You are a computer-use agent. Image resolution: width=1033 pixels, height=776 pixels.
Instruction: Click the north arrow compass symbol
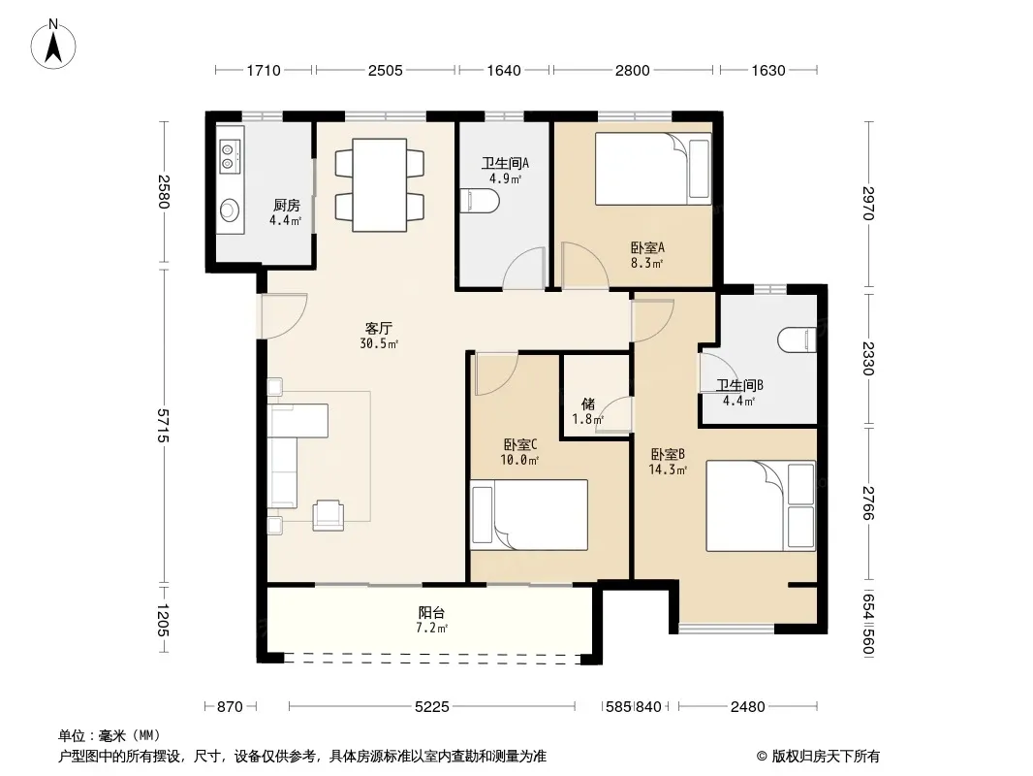53,45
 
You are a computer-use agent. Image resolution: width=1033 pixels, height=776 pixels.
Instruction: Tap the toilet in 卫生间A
479,201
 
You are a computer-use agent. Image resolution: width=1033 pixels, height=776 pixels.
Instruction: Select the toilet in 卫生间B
798,340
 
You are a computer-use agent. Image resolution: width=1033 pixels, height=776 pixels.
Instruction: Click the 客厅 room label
379,328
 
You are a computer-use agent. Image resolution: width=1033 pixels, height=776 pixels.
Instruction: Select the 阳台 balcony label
431,612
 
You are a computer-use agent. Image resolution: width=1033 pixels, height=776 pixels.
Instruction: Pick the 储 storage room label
588,404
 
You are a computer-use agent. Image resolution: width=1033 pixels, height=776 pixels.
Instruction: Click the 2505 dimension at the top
386,70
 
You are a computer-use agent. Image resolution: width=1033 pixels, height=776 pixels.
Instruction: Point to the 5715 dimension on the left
164,426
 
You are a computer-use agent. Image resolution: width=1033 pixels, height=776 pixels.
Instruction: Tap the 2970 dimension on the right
868,204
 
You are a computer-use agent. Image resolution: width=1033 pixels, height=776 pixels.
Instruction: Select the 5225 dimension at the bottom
431,707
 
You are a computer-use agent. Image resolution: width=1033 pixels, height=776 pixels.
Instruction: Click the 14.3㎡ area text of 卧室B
668,470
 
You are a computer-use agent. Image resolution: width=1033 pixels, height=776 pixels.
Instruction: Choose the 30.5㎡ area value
379,343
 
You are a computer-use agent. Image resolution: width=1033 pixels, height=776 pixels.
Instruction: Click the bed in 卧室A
653,169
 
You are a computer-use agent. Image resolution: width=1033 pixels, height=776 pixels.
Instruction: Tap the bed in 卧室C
529,515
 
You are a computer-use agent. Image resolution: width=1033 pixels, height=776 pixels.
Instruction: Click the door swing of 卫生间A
523,269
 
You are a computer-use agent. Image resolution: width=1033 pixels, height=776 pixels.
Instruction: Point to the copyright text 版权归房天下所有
826,757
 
